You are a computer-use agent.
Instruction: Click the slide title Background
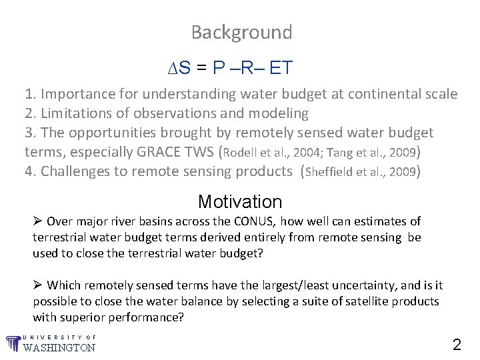241,32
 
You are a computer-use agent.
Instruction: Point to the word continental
385,95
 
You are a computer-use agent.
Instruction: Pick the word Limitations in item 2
74,113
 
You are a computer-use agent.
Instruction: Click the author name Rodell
239,153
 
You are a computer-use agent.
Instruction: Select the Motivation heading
240,201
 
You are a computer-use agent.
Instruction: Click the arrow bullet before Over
38,221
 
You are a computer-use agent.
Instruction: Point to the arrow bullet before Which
38,285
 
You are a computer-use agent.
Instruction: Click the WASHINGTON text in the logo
59,347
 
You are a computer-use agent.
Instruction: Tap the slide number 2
457,345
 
